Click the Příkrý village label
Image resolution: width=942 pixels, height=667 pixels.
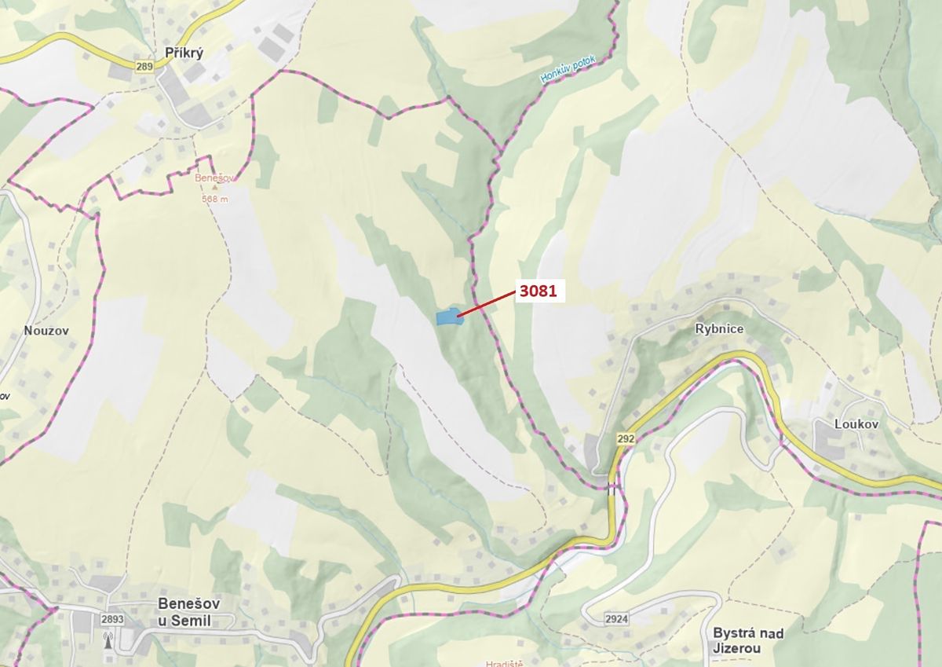(185, 53)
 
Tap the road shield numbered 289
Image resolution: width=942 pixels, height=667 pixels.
(144, 67)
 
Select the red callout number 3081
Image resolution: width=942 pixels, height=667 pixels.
(538, 291)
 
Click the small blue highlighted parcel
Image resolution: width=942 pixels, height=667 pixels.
(447, 317)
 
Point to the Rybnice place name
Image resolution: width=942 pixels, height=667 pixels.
(718, 329)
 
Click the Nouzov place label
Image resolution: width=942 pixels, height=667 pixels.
(46, 331)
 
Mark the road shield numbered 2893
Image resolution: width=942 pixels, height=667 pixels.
(112, 619)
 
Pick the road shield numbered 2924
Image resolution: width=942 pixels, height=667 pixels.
(616, 619)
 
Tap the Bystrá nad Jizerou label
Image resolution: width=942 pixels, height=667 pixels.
(748, 640)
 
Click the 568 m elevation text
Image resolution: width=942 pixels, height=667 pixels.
(214, 199)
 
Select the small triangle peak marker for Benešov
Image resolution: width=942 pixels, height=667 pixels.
(214, 189)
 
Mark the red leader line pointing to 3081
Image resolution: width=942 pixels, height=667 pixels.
(485, 304)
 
